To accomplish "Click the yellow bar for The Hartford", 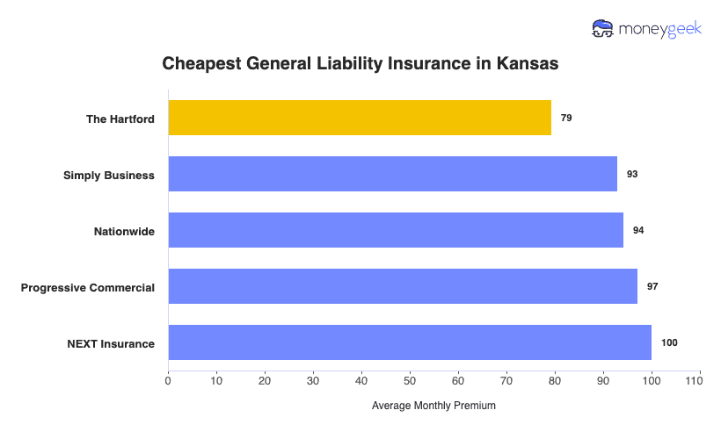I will tap(360, 118).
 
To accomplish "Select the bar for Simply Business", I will tap(392, 174).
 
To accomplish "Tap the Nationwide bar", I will tap(396, 230).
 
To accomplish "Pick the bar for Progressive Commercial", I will tap(403, 286).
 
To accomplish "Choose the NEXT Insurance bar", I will tap(410, 342).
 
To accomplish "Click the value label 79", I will tap(566, 118).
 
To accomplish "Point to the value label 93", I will tap(632, 174).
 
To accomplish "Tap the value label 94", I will tap(638, 230).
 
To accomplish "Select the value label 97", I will tap(652, 286).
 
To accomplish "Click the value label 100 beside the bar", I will tap(669, 342).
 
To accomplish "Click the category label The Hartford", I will tap(120, 119).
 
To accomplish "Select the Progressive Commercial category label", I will tap(88, 287).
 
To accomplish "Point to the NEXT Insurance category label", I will tap(111, 343).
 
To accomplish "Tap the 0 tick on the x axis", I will tap(168, 380).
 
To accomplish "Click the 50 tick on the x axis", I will tap(410, 380).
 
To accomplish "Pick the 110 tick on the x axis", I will tap(699, 380).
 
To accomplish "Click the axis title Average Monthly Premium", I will tap(433, 406).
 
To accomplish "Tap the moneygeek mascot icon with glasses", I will tap(602, 28).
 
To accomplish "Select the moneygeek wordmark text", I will tap(659, 29).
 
